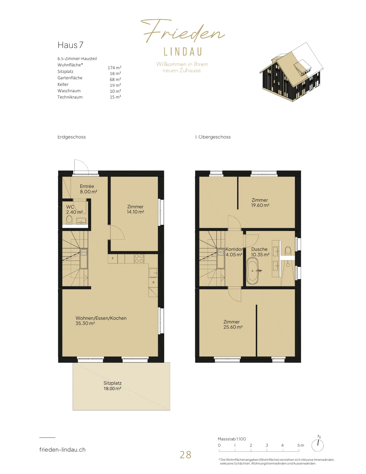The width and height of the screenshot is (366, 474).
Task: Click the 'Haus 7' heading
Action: click(x=70, y=45)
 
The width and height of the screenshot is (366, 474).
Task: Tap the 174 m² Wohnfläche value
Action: click(x=115, y=68)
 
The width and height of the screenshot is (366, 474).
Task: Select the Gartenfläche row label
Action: click(x=70, y=78)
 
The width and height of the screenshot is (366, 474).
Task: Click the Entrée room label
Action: click(x=87, y=186)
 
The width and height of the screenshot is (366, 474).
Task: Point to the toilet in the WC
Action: click(x=69, y=219)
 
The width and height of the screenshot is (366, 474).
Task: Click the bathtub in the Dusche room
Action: click(x=252, y=271)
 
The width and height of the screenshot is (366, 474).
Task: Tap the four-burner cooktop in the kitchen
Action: click(x=139, y=259)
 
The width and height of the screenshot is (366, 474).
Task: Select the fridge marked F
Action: click(x=113, y=259)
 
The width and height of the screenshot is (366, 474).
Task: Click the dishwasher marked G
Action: click(x=153, y=282)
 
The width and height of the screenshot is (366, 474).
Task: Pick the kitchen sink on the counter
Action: click(x=153, y=273)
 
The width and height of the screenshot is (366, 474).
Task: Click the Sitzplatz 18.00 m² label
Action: click(x=112, y=386)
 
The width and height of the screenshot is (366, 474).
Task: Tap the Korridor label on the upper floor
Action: click(x=234, y=249)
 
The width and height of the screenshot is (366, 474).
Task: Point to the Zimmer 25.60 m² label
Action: click(x=233, y=324)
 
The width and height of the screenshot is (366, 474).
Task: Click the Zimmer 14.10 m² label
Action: click(x=135, y=209)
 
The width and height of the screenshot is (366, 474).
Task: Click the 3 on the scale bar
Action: click(x=267, y=445)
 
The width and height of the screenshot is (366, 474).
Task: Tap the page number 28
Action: click(x=185, y=455)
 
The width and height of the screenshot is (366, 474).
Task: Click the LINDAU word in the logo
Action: click(x=183, y=52)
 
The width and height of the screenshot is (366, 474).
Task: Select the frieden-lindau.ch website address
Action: click(x=62, y=450)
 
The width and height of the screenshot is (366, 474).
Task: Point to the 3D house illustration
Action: click(x=291, y=72)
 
